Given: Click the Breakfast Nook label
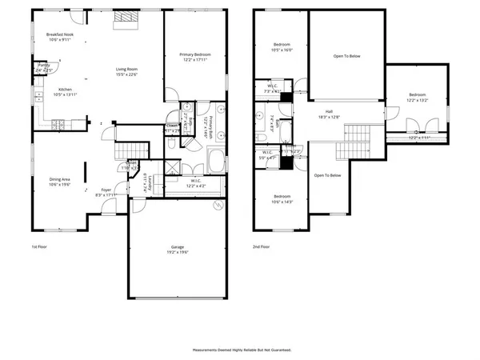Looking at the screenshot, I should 59,34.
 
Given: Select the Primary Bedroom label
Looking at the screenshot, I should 194,54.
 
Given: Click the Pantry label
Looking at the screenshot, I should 44,65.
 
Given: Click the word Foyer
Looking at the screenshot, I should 106,190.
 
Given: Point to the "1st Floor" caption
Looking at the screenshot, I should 39,246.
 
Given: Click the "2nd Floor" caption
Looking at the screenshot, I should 261,246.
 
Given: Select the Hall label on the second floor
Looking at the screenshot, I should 329,111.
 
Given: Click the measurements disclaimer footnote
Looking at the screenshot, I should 242,350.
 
